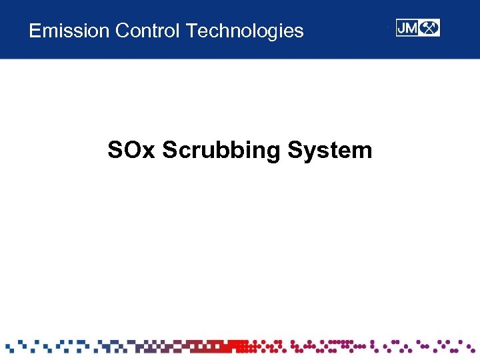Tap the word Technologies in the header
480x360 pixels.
click(245, 31)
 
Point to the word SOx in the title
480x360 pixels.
click(131, 150)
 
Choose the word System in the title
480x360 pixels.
click(330, 151)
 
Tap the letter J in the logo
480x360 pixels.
click(402, 28)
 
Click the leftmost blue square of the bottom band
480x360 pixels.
click(8, 347)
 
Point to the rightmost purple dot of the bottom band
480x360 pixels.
click(473, 347)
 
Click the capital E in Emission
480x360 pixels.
click(35, 31)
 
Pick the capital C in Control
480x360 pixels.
click(121, 31)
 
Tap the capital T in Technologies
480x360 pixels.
click(191, 31)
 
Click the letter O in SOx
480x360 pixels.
click(129, 150)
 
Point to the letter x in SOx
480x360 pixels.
click(148, 152)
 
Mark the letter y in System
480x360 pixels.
click(309, 153)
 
